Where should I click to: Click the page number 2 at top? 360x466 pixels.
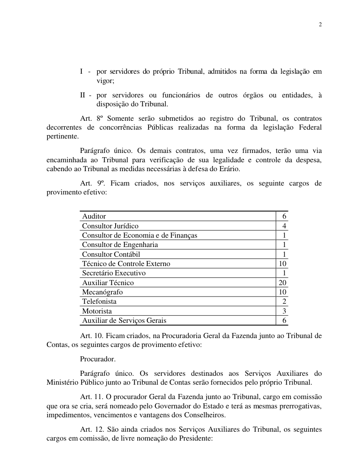320,25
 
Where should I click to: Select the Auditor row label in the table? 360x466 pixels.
94,216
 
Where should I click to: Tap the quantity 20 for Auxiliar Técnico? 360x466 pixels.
282,283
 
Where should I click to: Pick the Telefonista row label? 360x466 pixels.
99,302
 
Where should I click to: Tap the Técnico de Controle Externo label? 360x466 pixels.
126,264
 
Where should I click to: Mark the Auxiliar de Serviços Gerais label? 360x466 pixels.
124,321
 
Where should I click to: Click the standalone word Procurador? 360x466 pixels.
97,359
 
